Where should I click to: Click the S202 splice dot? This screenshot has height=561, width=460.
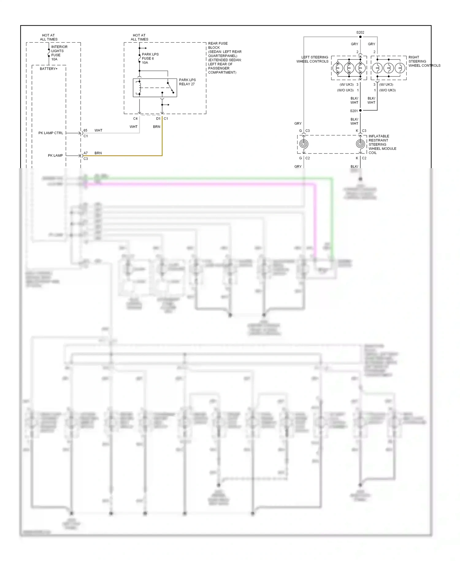point(360,37)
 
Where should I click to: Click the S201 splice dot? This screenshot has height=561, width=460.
point(360,110)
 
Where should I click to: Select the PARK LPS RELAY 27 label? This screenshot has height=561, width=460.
point(187,82)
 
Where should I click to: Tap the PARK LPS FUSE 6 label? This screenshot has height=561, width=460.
point(150,58)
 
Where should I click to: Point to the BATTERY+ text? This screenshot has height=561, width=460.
point(48,69)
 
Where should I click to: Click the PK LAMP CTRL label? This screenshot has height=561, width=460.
point(51,133)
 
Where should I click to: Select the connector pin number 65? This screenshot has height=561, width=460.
point(86,130)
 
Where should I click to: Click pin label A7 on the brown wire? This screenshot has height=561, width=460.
point(86,153)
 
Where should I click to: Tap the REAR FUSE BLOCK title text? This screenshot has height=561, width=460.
point(218,45)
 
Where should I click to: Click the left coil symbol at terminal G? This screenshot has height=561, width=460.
point(304,144)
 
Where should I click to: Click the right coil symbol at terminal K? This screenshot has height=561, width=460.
point(360,144)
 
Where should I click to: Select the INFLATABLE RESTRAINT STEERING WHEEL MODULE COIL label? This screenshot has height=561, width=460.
point(382,144)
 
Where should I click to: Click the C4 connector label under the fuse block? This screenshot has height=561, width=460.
point(135,118)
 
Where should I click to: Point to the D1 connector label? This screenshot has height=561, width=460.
point(158,118)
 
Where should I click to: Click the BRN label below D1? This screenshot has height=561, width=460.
point(156,126)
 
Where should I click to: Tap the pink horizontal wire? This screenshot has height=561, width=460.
point(199,184)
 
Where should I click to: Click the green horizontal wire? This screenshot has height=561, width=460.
point(215,178)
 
